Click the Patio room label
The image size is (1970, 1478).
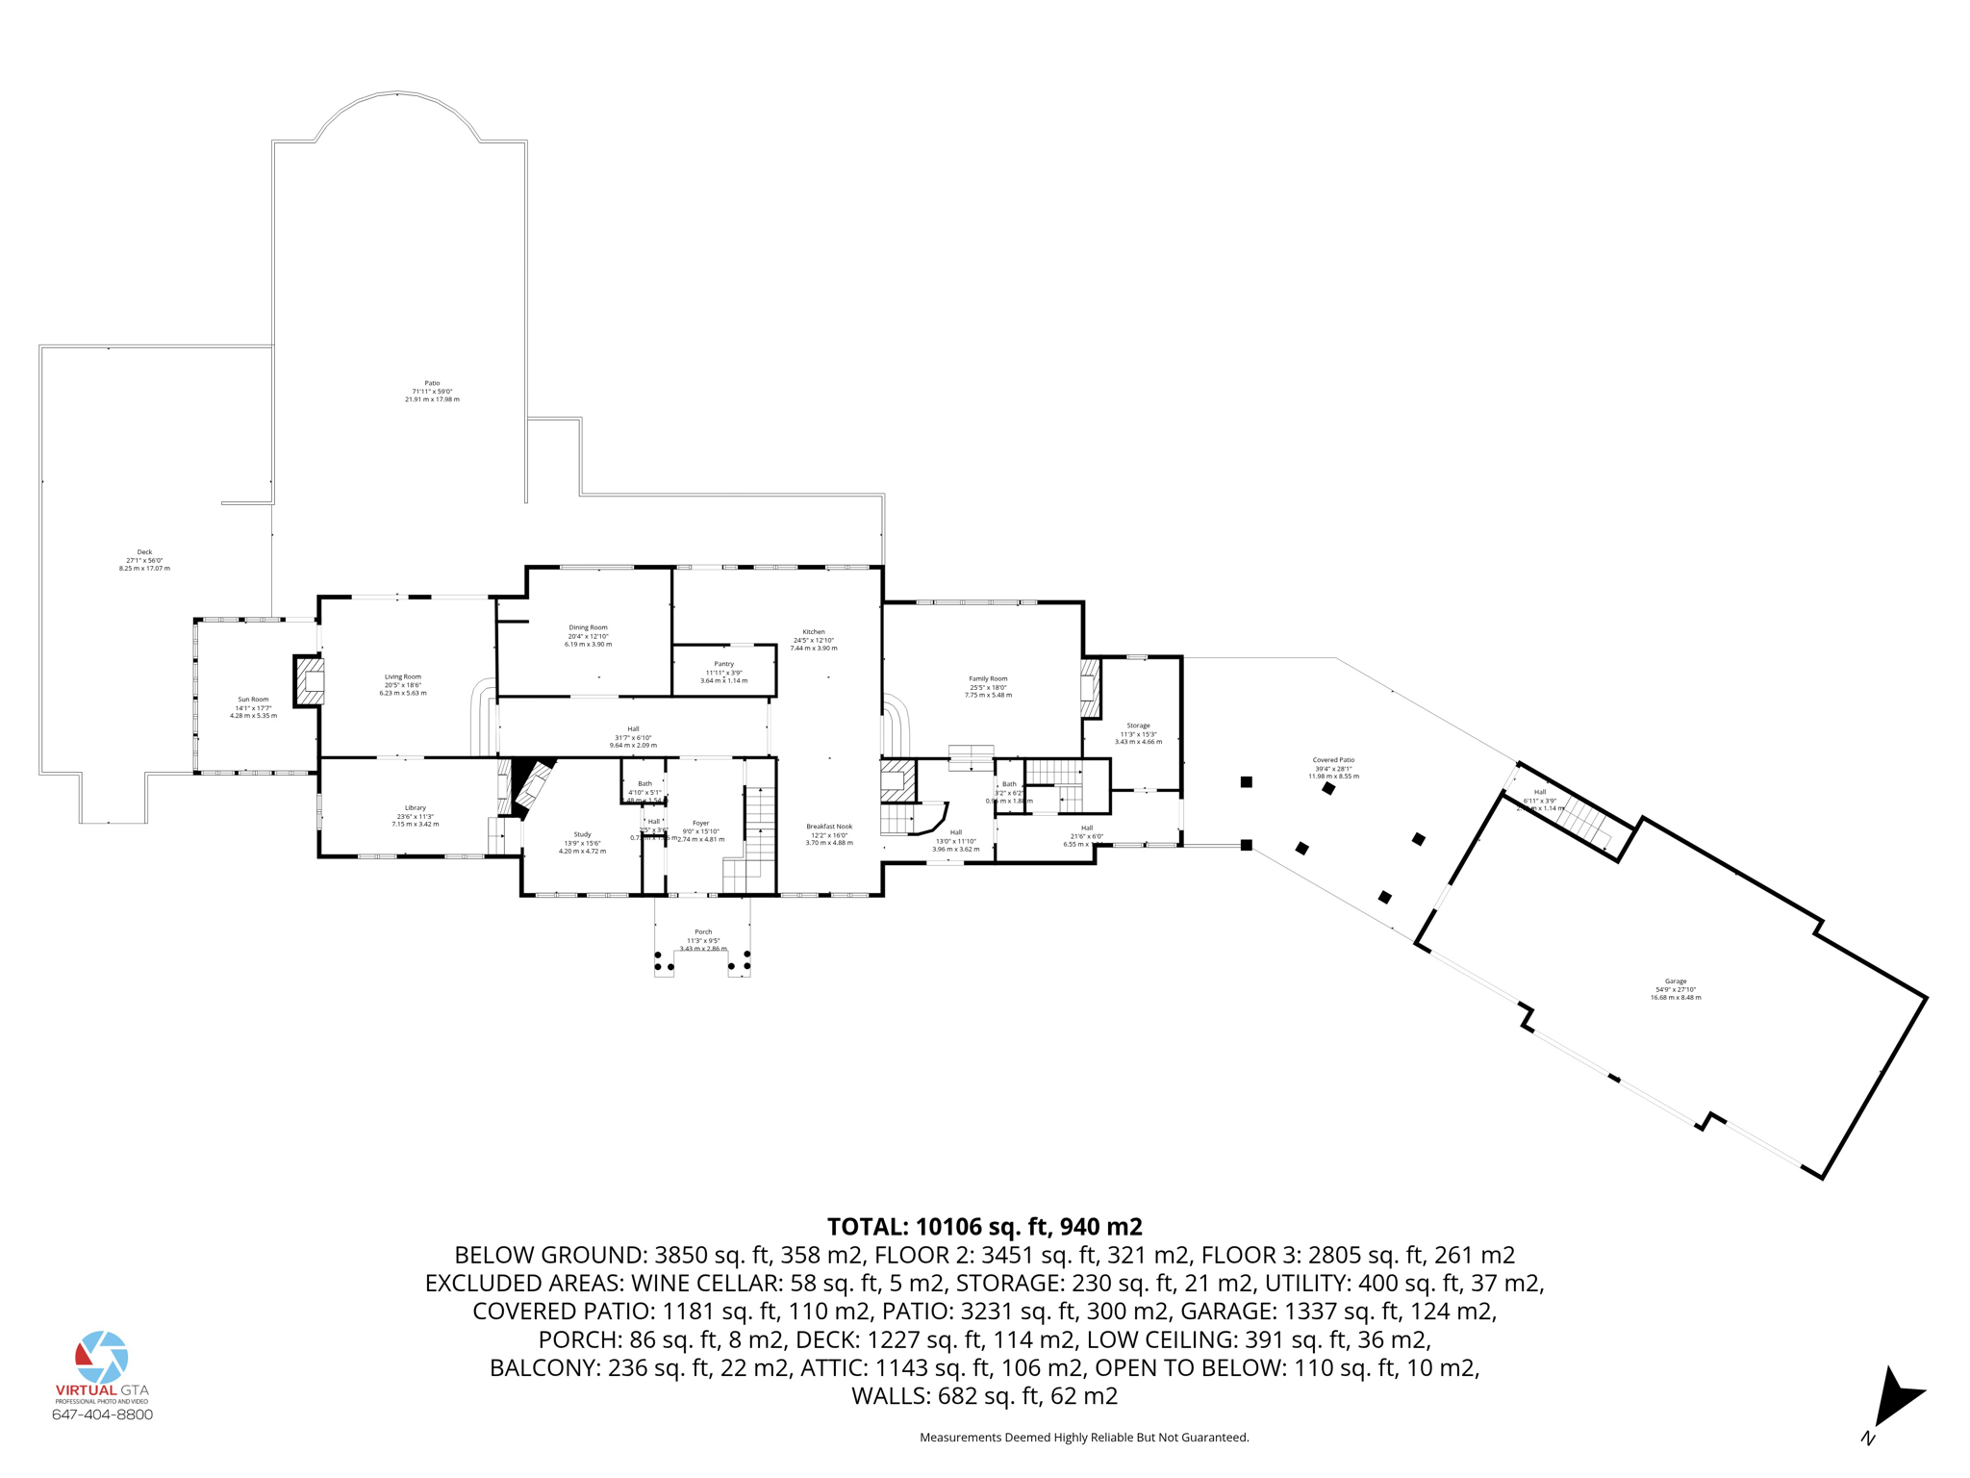[432, 383]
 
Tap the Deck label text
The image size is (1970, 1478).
[144, 552]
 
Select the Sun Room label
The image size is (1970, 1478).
[253, 700]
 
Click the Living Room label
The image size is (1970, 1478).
[402, 676]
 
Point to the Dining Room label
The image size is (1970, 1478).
[588, 627]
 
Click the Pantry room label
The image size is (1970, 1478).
[723, 664]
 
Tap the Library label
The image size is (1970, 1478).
[415, 808]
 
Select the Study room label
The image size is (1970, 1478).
[582, 834]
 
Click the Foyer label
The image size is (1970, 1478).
[700, 823]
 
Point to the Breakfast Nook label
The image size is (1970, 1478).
[829, 827]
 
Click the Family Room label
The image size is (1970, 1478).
[988, 678]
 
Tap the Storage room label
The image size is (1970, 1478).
[1138, 726]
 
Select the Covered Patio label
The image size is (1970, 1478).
[1333, 760]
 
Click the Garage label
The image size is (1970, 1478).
[1676, 981]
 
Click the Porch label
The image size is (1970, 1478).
[703, 931]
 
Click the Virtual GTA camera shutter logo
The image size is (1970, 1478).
[102, 1357]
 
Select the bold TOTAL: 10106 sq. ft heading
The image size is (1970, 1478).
[984, 1227]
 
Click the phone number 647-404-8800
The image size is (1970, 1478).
[102, 1414]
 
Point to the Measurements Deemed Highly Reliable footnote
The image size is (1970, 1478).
[1084, 1438]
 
